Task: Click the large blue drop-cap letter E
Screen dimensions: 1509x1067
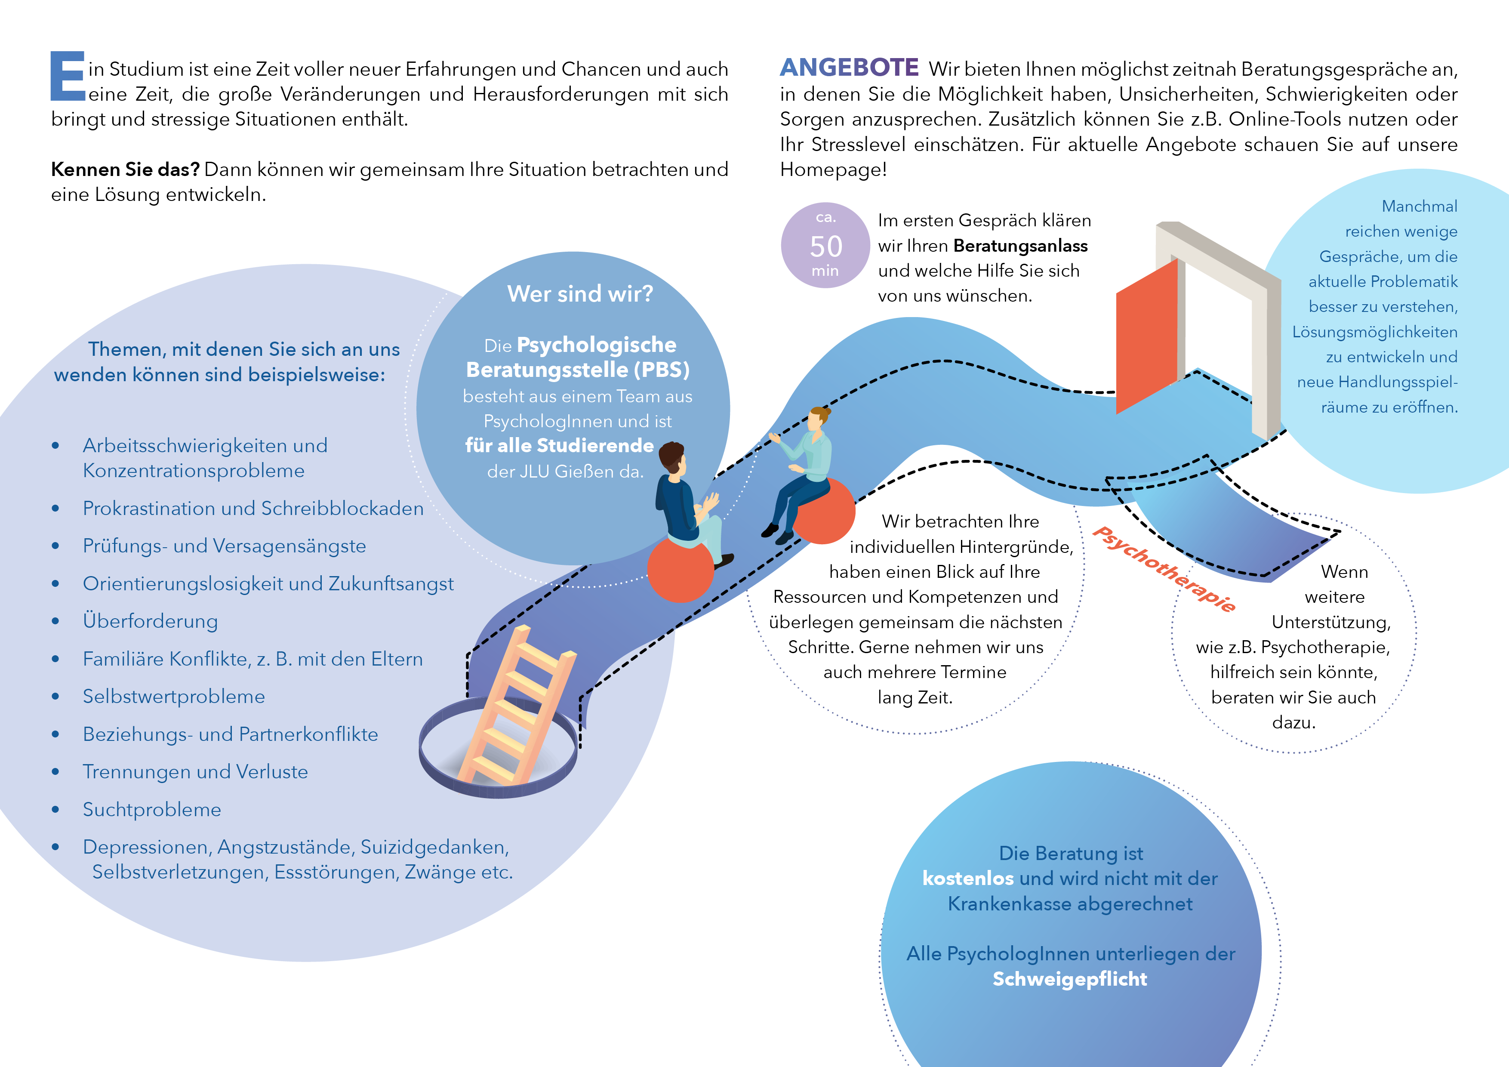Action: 68,76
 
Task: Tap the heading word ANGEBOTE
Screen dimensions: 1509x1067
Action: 849,68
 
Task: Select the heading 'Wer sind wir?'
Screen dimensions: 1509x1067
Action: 580,293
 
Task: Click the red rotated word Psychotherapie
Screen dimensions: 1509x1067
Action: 1164,569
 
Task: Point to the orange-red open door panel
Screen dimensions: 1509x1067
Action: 1147,336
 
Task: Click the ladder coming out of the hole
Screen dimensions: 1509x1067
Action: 517,706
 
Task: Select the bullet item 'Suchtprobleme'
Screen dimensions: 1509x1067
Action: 152,809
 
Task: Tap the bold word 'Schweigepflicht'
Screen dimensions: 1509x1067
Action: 1070,979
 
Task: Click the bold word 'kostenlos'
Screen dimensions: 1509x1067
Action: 968,878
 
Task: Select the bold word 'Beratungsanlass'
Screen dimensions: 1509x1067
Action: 1021,246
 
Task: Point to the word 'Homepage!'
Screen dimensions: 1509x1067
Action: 833,170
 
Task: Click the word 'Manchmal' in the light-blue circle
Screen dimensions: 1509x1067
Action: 1420,207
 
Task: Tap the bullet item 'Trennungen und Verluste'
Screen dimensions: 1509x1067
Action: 195,772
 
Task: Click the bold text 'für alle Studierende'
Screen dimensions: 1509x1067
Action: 559,446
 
